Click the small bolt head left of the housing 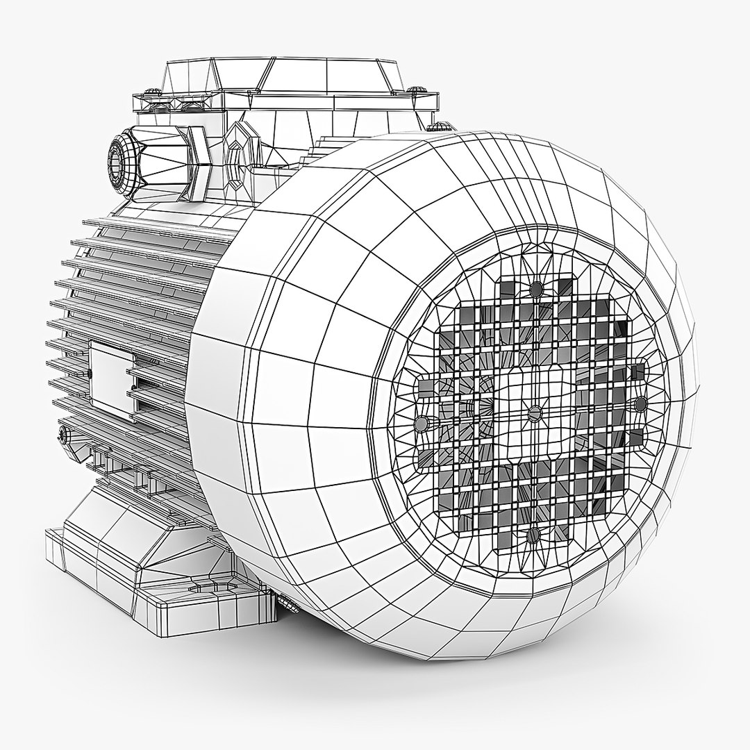click(x=65, y=435)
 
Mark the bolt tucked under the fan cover click(x=286, y=602)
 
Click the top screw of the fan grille click(x=535, y=288)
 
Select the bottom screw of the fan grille click(x=533, y=534)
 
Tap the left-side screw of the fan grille click(x=421, y=422)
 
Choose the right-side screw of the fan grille click(x=640, y=403)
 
